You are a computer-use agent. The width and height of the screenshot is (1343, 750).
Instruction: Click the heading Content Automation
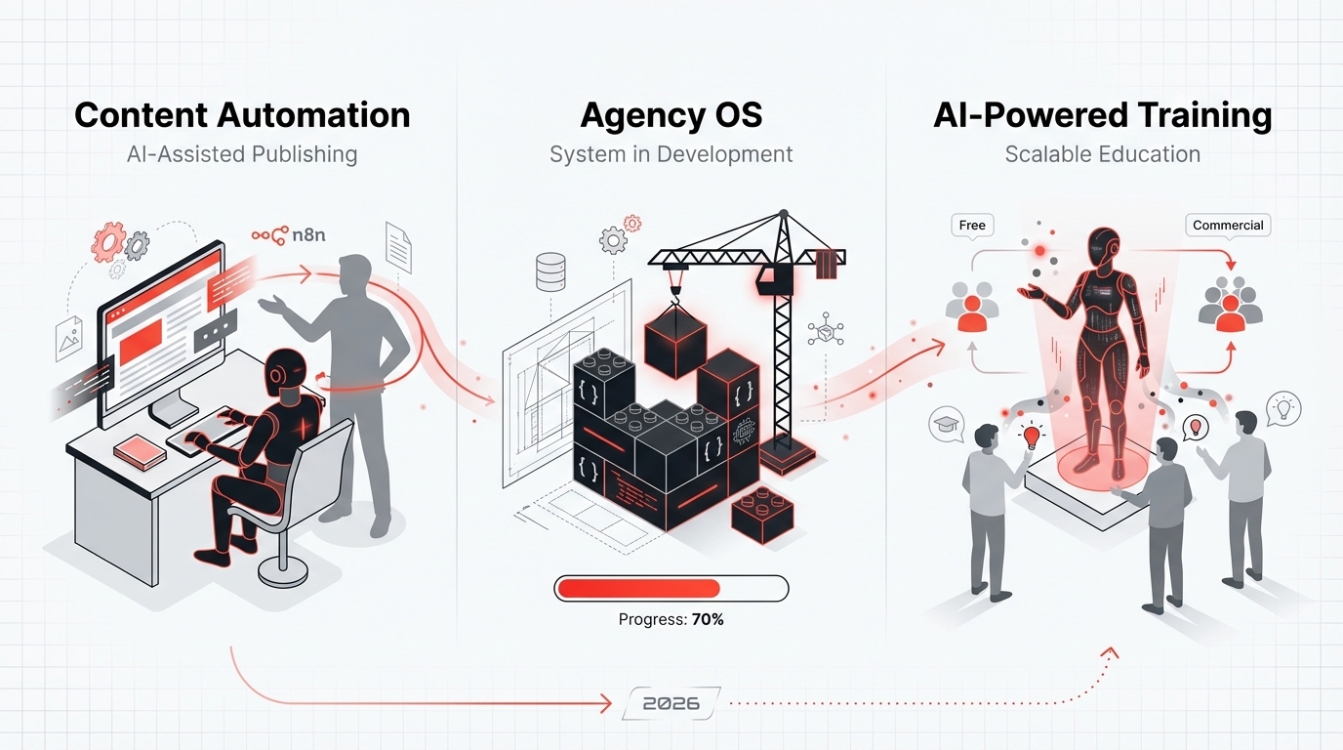[x=242, y=115]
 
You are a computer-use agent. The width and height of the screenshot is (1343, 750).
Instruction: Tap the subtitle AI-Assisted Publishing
[x=242, y=154]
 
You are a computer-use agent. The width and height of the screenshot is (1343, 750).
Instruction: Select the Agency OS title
[x=671, y=115]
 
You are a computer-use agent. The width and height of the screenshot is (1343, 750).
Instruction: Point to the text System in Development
[x=671, y=154]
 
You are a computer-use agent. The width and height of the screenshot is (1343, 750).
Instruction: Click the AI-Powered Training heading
[x=1103, y=115]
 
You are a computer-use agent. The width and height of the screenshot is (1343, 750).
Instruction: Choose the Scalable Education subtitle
[x=1103, y=154]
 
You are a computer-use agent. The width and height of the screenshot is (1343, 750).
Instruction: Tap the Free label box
[x=972, y=225]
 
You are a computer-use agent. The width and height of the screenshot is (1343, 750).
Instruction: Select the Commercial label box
[x=1228, y=225]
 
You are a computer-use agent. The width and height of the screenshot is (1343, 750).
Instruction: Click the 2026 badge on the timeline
[x=671, y=703]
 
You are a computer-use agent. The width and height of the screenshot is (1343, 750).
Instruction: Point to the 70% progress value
[x=708, y=619]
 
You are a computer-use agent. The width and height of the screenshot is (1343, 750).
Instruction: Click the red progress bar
[x=638, y=588]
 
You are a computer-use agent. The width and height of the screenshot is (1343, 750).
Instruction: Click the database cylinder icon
[x=551, y=271]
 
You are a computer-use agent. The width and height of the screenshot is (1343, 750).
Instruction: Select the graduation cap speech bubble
[x=946, y=426]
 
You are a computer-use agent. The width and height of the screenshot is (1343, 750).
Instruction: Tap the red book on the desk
[x=139, y=449]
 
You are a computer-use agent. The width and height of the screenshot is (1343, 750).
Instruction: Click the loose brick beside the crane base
[x=762, y=514]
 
